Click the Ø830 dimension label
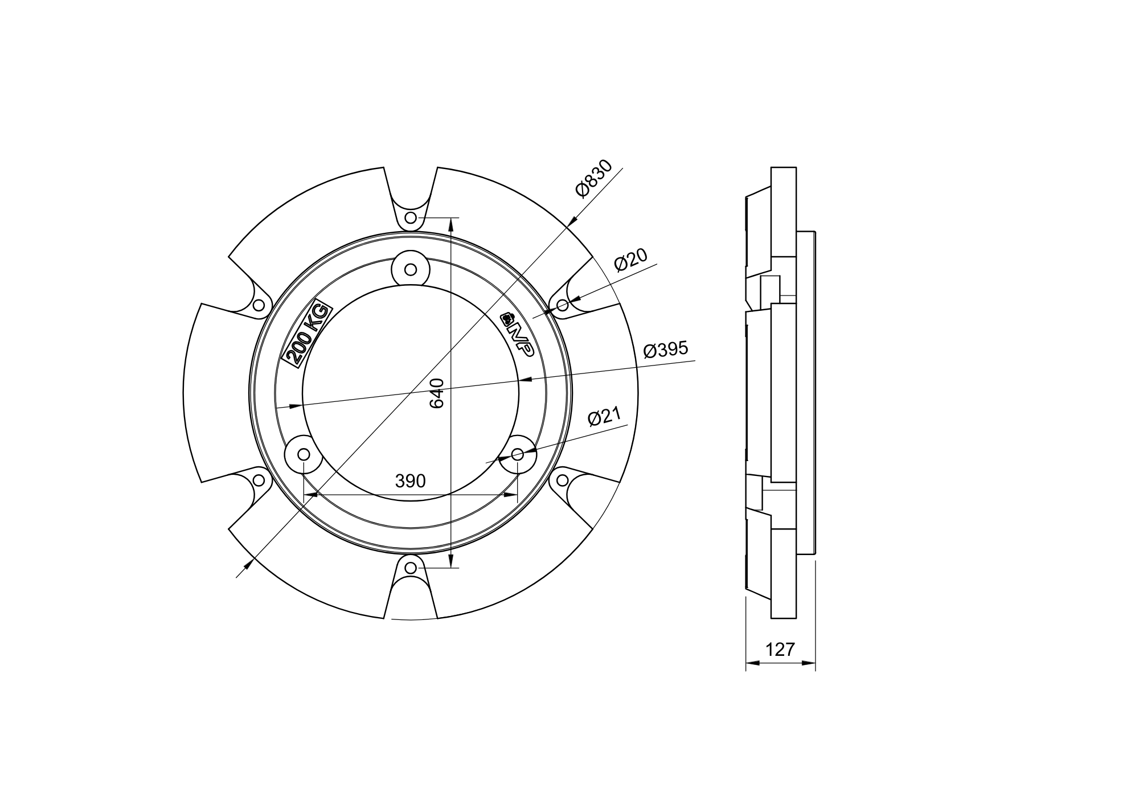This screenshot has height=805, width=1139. [x=594, y=178]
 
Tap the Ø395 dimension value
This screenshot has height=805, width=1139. [x=666, y=350]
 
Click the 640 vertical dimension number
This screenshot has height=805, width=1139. [x=437, y=393]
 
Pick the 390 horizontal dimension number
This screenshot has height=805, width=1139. [x=410, y=481]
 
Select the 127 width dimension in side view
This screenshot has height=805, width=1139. [x=780, y=650]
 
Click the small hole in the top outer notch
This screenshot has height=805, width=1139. [x=411, y=218]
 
